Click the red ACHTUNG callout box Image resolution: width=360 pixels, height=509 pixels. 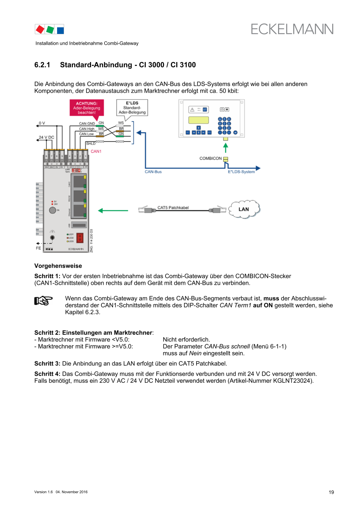point(87,108)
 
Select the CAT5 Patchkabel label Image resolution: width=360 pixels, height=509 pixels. point(173,207)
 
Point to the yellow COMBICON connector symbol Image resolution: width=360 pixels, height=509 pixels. point(226,159)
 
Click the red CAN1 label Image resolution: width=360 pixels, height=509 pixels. point(96,151)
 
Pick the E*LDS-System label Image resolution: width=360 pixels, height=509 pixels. point(241,172)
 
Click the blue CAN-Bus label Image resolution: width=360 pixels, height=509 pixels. point(153,171)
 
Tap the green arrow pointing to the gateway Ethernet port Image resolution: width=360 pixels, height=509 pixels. point(113,210)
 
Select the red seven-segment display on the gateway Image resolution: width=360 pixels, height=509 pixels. point(82,238)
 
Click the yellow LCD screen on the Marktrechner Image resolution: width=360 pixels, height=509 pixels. point(198,120)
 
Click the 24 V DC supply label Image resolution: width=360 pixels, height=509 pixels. point(46,137)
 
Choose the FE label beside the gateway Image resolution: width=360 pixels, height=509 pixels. point(38,248)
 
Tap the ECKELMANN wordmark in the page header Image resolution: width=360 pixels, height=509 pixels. point(292,29)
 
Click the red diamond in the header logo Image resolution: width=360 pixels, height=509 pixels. point(40,29)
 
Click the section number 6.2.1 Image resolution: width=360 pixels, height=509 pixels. point(42,65)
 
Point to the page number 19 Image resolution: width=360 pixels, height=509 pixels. point(331,492)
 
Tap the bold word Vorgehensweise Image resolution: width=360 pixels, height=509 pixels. point(58,266)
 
